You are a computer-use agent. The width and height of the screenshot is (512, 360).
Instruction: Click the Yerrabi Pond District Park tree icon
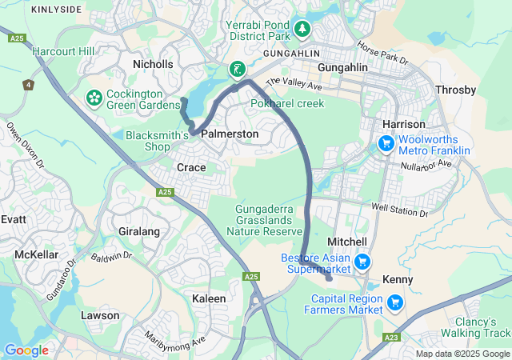point(302,30)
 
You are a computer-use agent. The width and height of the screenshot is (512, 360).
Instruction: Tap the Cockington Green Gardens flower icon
point(94,98)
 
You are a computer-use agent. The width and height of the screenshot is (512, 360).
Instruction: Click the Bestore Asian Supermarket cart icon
point(362,262)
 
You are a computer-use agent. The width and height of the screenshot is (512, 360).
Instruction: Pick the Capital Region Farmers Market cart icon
point(394,302)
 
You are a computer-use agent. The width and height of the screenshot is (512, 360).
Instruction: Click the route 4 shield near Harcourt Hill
point(29,83)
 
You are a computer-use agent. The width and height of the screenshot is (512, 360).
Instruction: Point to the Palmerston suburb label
point(230,134)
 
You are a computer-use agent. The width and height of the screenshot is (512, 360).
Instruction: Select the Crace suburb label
point(191,167)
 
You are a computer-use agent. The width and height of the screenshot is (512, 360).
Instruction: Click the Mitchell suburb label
point(347,242)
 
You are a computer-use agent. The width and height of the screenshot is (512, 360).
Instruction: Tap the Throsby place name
point(455,90)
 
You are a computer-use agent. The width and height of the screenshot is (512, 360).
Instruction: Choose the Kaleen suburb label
point(209,298)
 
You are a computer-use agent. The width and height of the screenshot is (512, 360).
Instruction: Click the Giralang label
point(139,231)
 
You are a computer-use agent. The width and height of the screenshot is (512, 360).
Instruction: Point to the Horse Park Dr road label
point(382,54)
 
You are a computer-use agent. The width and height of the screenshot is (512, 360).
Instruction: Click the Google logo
point(26,350)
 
